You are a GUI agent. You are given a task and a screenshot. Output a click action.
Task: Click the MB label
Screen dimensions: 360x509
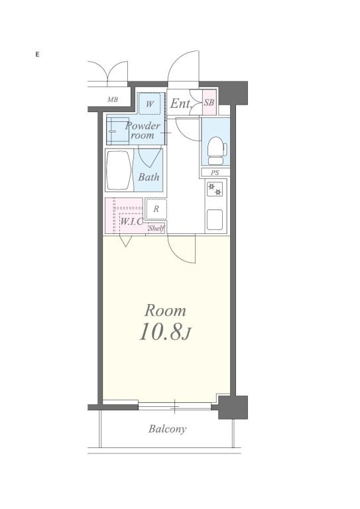click(x=113, y=99)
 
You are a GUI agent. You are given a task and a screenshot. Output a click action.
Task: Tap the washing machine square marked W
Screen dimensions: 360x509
click(x=149, y=103)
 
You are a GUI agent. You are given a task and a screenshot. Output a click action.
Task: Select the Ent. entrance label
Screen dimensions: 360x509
click(x=181, y=103)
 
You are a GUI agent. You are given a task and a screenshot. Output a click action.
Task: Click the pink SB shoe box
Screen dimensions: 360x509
click(x=210, y=102)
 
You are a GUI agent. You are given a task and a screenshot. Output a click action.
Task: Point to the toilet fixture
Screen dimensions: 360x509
click(x=217, y=150)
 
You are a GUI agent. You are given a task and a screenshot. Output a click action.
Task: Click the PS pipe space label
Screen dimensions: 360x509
click(x=215, y=173)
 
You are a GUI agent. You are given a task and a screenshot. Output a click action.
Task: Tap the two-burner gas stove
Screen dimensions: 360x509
click(x=215, y=189)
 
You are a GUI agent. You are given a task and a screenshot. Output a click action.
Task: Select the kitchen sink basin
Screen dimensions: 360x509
click(x=215, y=220)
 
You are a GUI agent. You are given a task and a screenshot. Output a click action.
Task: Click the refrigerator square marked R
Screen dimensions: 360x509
click(x=156, y=209)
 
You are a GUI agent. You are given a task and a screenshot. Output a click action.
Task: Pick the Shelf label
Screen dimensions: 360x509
click(x=156, y=228)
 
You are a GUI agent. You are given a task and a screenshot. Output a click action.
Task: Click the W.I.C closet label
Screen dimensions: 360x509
click(x=131, y=222)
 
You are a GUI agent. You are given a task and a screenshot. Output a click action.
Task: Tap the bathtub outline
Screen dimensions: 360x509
click(x=119, y=170)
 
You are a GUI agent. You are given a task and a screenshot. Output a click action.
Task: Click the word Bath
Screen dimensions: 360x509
click(x=149, y=177)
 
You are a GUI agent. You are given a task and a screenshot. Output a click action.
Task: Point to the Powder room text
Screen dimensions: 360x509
click(x=143, y=131)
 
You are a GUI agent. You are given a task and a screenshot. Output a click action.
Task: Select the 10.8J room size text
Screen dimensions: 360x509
click(x=166, y=331)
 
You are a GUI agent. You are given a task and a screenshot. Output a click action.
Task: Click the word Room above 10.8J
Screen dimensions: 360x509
click(x=165, y=311)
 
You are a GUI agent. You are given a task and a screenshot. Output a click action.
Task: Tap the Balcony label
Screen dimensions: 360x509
click(x=168, y=429)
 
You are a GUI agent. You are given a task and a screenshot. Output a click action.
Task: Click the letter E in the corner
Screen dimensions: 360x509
click(x=37, y=54)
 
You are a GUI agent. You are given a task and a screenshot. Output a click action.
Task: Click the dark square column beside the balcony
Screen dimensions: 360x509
click(x=233, y=407)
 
